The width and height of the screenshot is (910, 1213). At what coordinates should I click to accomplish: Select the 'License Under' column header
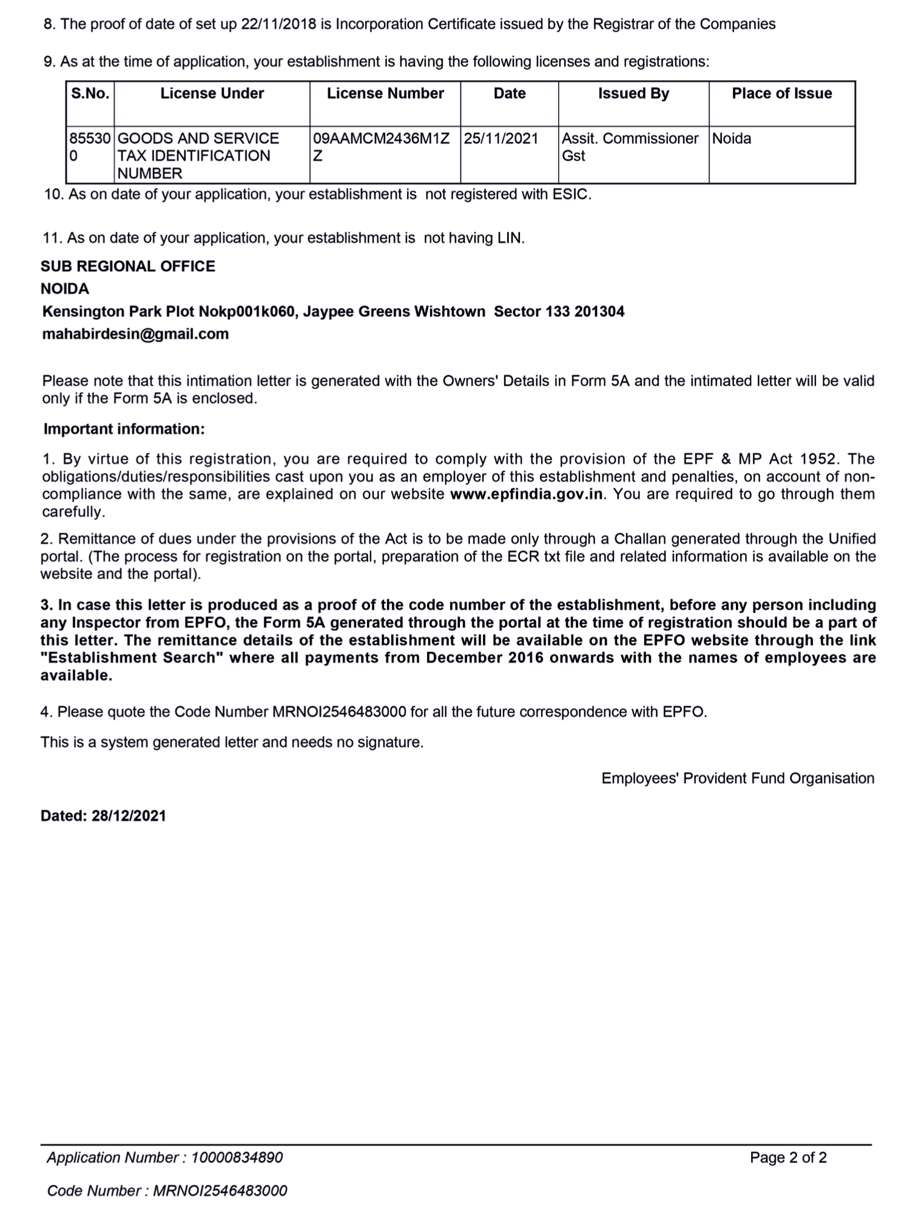point(212,93)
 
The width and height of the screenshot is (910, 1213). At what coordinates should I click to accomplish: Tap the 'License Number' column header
point(385,93)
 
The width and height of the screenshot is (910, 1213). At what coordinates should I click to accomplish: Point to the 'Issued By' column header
point(633,93)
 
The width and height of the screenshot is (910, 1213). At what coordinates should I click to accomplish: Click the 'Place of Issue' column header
point(781,93)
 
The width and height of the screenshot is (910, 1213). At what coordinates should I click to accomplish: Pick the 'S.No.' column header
point(90,93)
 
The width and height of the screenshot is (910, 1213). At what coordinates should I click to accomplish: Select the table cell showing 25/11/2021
point(501,139)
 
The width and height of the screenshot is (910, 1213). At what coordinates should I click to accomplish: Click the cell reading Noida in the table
point(732,139)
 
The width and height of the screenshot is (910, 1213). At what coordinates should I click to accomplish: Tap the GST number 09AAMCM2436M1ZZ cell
point(381,147)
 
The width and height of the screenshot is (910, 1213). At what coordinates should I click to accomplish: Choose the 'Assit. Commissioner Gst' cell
point(630,147)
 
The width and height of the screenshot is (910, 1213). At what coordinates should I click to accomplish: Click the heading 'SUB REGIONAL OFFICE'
point(128,266)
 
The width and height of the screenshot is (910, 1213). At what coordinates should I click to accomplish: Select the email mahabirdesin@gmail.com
point(135,334)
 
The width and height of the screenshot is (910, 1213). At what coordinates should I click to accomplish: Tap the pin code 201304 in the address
point(599,312)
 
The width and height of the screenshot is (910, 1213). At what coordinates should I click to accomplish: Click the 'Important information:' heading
point(124,429)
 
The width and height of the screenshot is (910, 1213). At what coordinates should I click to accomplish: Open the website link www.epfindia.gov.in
point(527,494)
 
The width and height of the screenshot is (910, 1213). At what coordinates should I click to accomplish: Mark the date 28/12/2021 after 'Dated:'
point(129,816)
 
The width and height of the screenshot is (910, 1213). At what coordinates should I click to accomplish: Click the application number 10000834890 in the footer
point(237,1158)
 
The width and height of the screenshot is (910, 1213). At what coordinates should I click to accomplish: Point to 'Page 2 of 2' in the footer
point(788,1158)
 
